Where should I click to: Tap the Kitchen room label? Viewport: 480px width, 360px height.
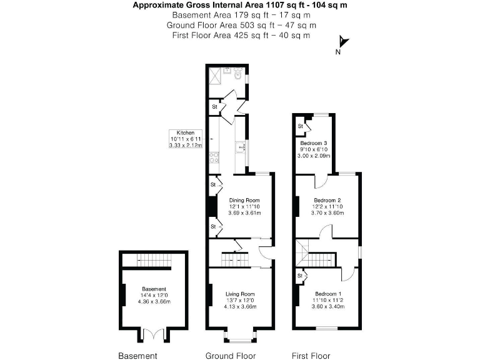click(x=186, y=133)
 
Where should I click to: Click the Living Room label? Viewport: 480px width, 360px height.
click(x=241, y=294)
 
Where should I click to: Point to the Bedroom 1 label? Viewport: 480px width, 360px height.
click(x=328, y=294)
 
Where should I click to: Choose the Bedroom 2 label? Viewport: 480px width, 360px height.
click(x=328, y=200)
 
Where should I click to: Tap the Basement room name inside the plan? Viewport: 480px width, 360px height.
click(x=154, y=289)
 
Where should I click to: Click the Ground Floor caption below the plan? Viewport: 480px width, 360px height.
click(x=231, y=356)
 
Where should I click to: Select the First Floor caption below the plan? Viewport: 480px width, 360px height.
click(x=311, y=356)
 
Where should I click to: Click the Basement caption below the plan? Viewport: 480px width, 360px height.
click(x=138, y=356)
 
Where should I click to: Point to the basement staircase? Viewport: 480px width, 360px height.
click(x=154, y=259)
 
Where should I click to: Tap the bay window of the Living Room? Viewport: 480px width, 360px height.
click(x=240, y=337)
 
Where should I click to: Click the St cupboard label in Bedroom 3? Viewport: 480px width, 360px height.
click(x=301, y=126)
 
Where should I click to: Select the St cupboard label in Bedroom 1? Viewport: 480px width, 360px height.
click(x=299, y=275)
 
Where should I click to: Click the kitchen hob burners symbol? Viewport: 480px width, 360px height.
click(x=214, y=157)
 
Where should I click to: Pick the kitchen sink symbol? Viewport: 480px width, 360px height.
click(x=241, y=148)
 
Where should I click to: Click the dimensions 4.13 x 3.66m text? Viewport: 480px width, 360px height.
click(x=241, y=307)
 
